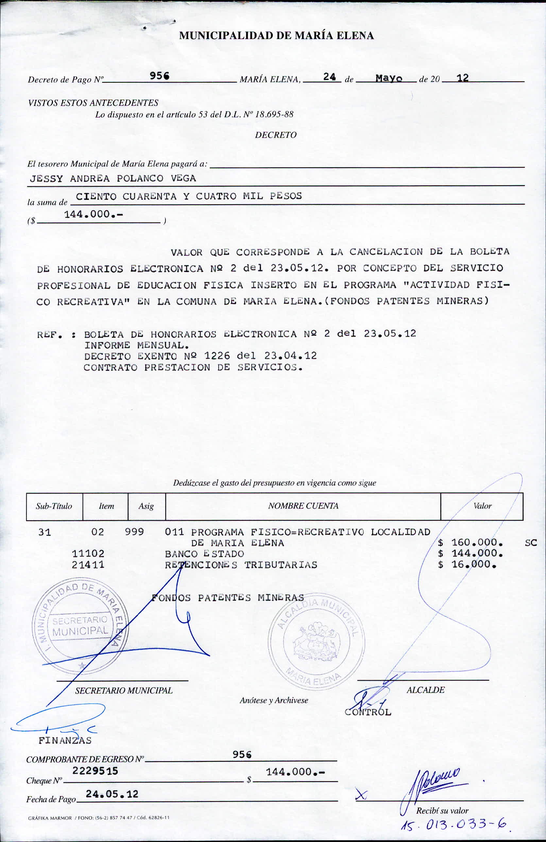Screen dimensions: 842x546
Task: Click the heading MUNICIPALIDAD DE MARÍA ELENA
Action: (276, 36)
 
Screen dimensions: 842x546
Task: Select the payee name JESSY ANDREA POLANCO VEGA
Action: (112, 178)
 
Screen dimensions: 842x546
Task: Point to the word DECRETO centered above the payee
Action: (276, 135)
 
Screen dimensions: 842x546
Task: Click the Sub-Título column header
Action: (54, 506)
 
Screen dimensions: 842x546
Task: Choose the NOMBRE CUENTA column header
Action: (303, 506)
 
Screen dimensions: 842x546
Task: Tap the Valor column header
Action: (482, 506)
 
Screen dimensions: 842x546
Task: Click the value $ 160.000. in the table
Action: (470, 542)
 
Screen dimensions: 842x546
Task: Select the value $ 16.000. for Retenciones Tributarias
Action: (467, 564)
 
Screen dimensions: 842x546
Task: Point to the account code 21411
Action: (88, 564)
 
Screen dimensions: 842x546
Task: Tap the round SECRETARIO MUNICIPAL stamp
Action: (80, 627)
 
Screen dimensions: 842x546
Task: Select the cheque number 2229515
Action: (95, 770)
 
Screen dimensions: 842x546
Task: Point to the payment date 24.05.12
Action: (112, 794)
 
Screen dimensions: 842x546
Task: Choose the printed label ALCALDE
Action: (425, 690)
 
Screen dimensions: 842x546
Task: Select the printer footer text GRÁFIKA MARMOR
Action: (50, 818)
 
